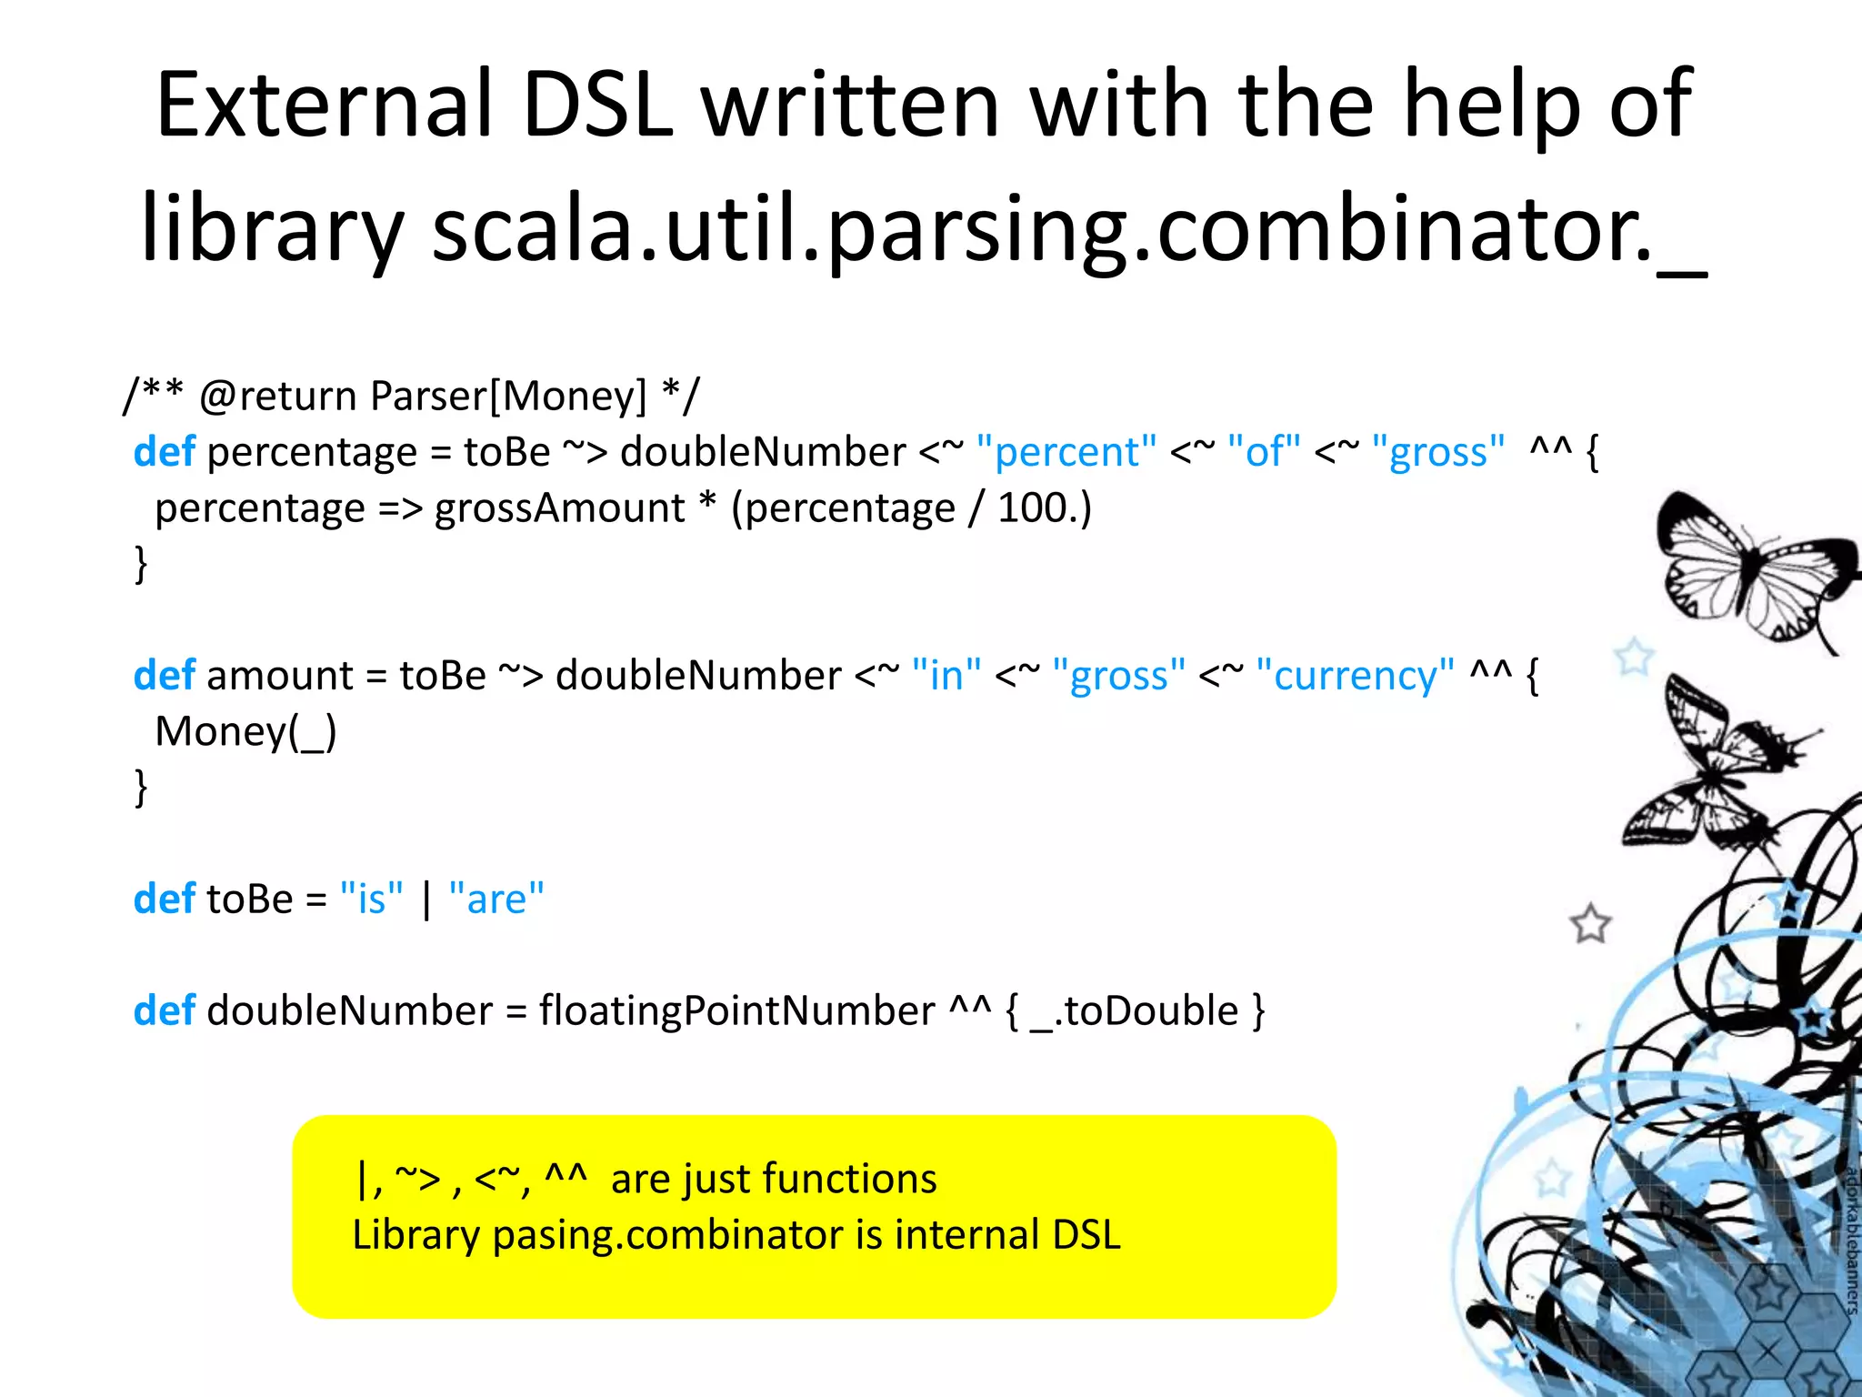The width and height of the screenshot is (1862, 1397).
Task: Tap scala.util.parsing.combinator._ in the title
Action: (x=1068, y=229)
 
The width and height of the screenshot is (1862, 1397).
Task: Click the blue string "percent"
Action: (x=1066, y=452)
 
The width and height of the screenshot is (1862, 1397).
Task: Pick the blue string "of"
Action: (x=1264, y=452)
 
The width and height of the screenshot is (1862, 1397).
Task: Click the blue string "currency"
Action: (x=1355, y=676)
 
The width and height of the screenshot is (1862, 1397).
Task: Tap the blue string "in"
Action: (x=946, y=676)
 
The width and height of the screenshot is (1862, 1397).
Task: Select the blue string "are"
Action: (x=496, y=900)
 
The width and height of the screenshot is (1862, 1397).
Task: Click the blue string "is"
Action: (x=371, y=900)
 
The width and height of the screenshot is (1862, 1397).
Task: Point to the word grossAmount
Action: (x=559, y=508)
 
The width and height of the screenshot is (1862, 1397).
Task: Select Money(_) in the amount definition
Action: (x=245, y=732)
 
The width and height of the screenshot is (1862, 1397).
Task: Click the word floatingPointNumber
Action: (x=736, y=1011)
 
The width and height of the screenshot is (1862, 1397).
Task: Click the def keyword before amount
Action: (x=164, y=676)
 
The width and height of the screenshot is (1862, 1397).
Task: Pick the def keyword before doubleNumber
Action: (x=164, y=1011)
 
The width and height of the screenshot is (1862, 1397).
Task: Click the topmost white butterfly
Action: (x=1750, y=568)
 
